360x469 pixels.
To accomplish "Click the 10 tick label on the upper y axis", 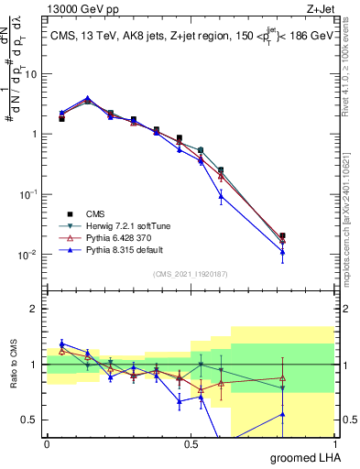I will [x=31, y=74].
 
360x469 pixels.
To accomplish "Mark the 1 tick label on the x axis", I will [x=335, y=444].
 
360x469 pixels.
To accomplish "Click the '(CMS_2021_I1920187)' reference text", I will [x=191, y=273].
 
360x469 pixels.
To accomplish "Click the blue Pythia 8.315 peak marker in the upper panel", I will [x=87, y=98].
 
